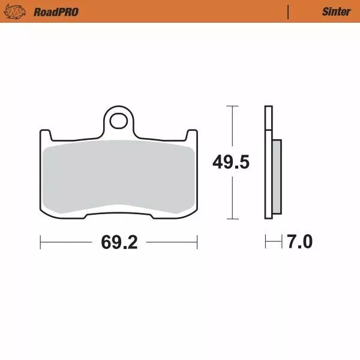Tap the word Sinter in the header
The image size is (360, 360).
336,11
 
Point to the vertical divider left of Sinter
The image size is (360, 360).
289,11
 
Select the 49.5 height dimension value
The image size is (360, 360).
230,162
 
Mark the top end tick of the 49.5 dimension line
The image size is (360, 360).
230,106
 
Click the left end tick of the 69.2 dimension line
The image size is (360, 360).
40,242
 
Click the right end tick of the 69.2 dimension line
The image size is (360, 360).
197,242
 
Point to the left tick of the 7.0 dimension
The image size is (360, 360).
265,242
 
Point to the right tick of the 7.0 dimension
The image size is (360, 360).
281,242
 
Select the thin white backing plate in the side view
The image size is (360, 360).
268,162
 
